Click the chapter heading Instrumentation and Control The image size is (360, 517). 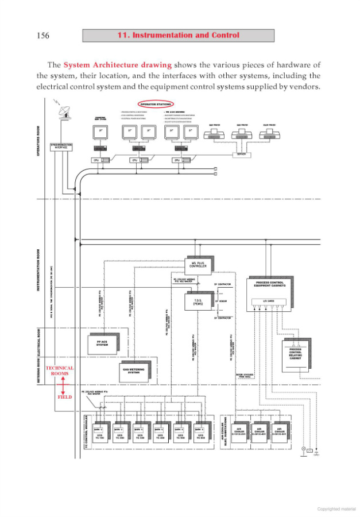[178, 36]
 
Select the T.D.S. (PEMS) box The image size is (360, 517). [199, 302]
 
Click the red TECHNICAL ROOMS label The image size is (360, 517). [60, 371]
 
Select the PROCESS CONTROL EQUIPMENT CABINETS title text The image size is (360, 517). [269, 284]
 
